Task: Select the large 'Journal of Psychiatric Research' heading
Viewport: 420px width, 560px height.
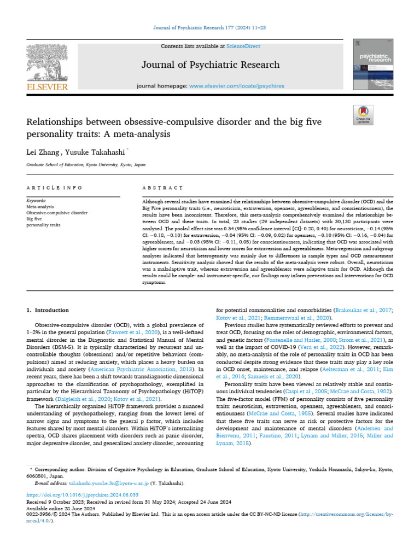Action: click(x=211, y=65)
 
